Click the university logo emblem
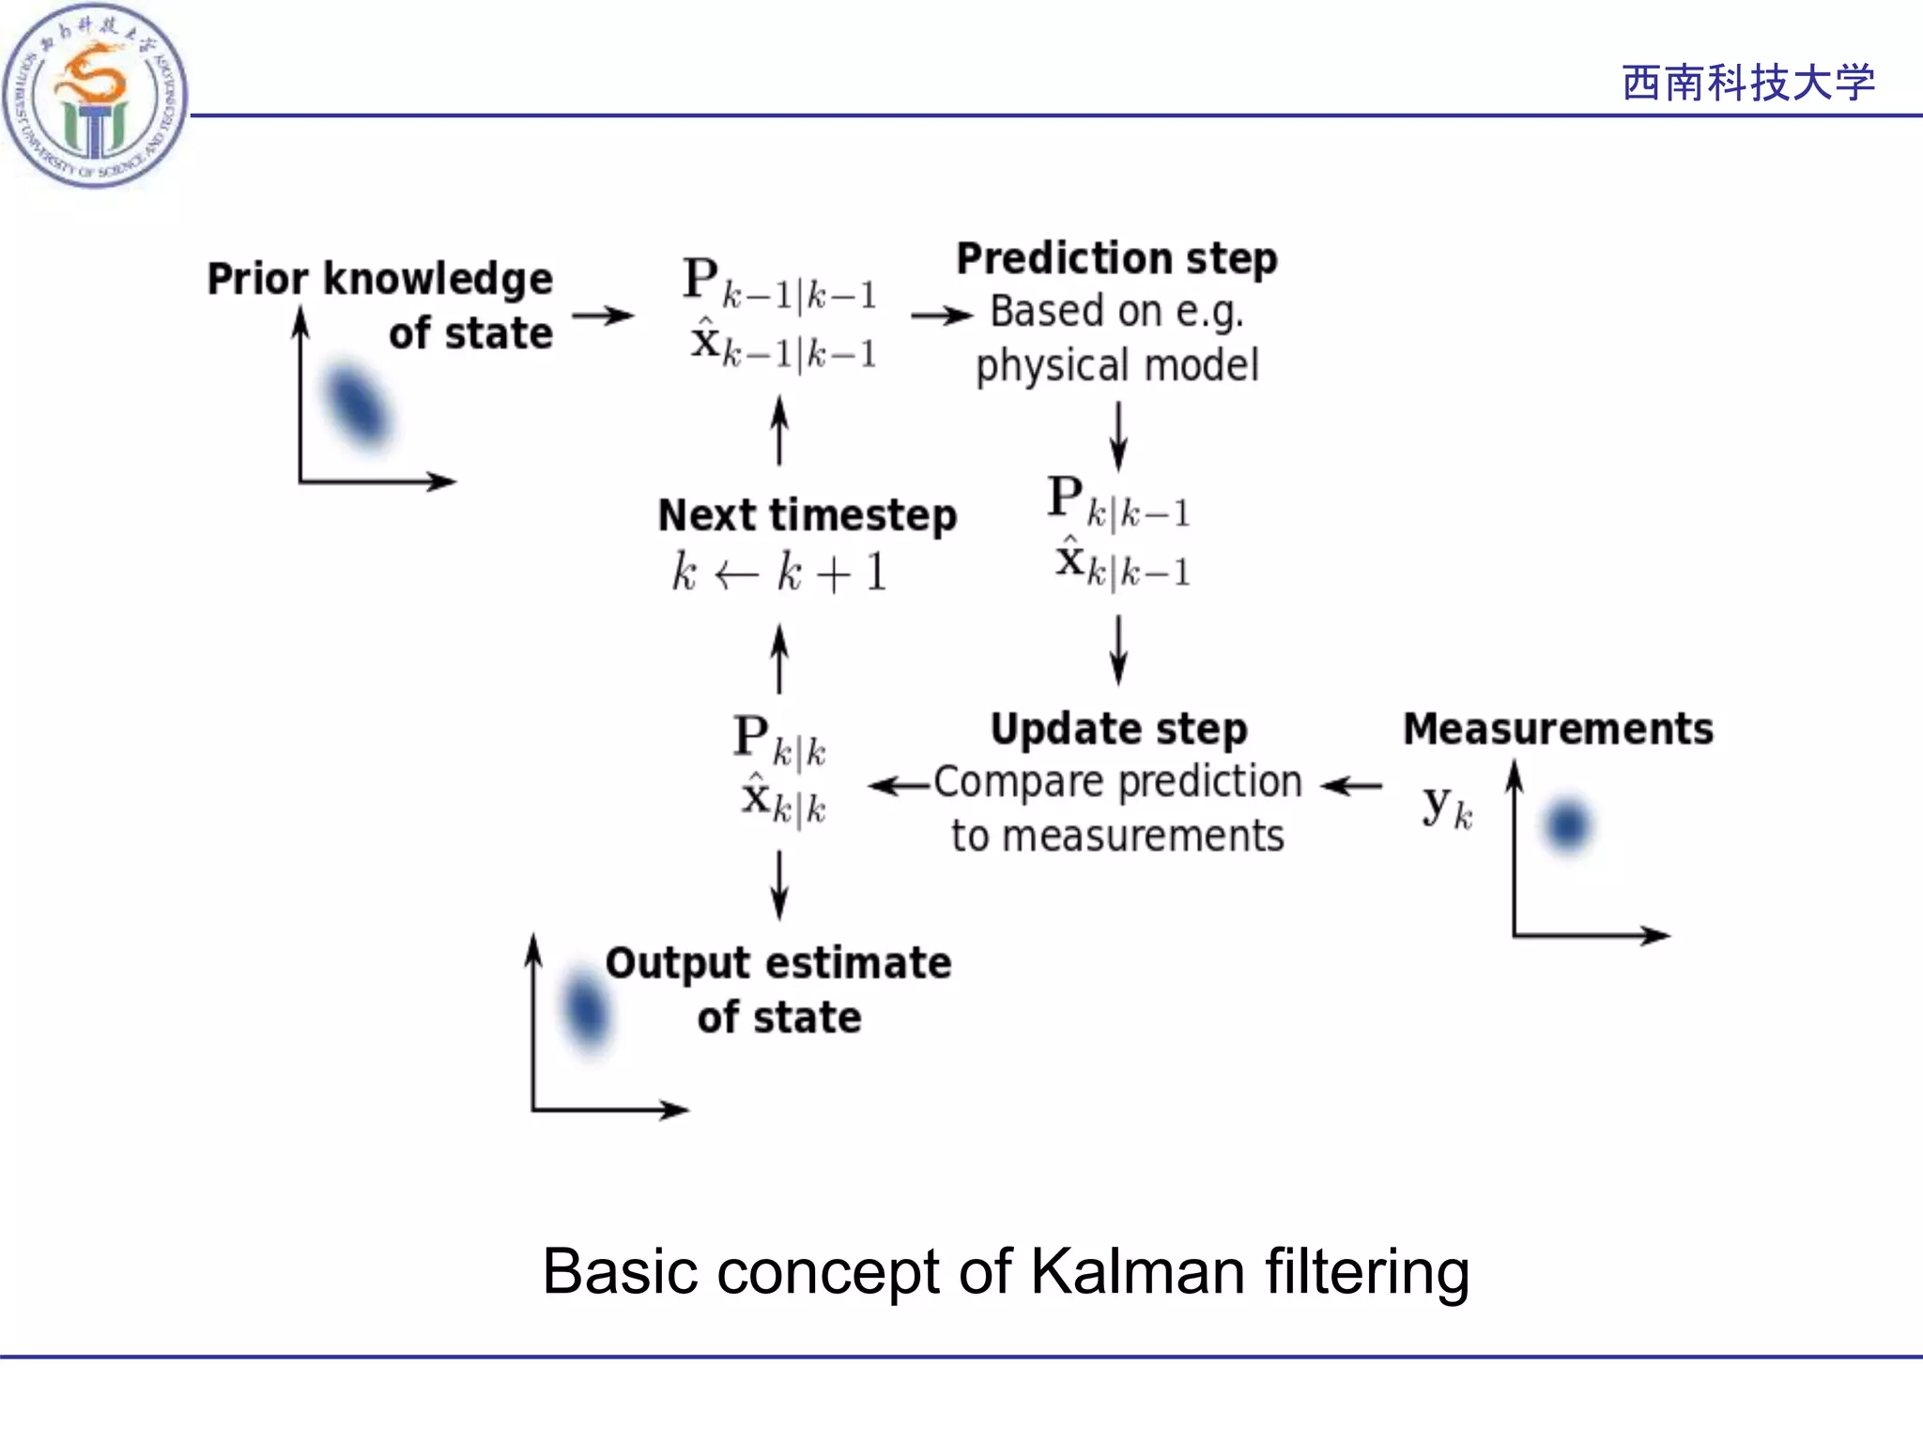[94, 94]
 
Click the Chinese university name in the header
[1747, 83]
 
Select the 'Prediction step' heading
[1116, 259]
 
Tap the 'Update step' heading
[1118, 729]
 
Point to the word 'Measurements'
[1558, 729]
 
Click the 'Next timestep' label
[807, 515]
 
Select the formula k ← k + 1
[778, 573]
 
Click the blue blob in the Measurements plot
[1567, 826]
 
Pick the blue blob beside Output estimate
[585, 1010]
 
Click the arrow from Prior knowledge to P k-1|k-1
[603, 316]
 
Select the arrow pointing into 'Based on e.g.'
[941, 316]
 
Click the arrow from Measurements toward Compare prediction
[1351, 786]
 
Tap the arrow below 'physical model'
[1117, 437]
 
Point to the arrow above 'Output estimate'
[778, 884]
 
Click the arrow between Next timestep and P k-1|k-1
[778, 431]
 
